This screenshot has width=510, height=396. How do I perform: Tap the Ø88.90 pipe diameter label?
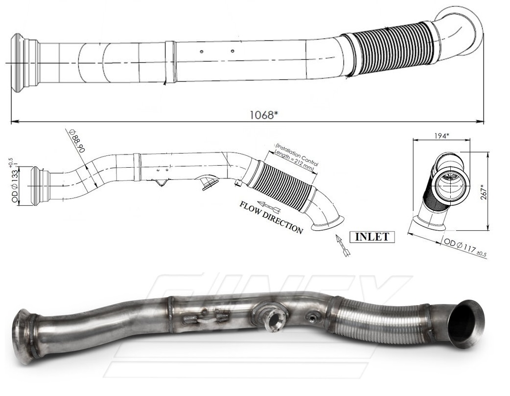coord(77,141)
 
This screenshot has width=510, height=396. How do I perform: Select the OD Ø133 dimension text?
coord(14,180)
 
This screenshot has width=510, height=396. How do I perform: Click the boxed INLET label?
coord(371,237)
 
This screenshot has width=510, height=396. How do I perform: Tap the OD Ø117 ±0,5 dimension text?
coord(464,247)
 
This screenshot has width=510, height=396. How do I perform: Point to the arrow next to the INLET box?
coord(343,246)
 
